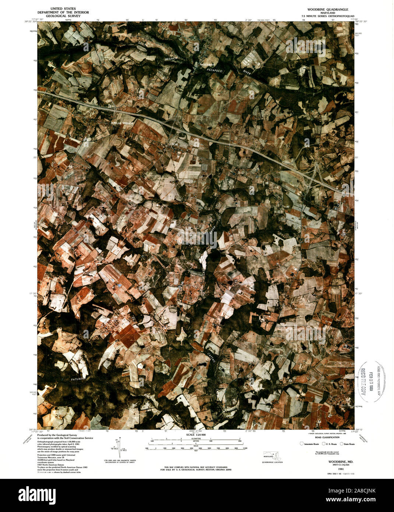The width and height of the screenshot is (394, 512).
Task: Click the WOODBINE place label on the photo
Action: click(207, 64)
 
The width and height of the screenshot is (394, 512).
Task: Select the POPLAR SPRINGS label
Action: click(122, 123)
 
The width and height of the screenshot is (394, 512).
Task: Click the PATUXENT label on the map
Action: click(78, 378)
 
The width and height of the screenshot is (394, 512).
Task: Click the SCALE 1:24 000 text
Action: click(196, 435)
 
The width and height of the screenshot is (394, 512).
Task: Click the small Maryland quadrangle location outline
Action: click(271, 455)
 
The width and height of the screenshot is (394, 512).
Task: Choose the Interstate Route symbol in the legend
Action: click(302, 444)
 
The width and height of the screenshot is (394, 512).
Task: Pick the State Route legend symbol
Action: click(341, 444)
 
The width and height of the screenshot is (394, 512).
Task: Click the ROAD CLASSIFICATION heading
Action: click(327, 437)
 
